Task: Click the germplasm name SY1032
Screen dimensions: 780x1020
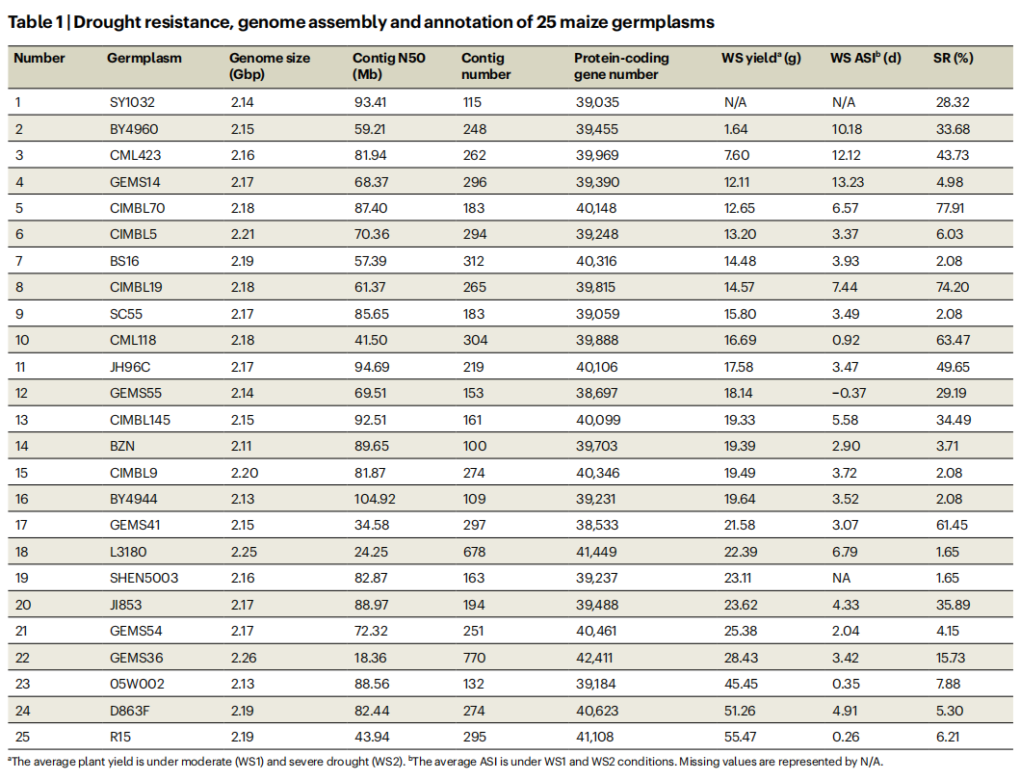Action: pos(132,101)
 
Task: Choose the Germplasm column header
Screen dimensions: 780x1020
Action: pos(144,58)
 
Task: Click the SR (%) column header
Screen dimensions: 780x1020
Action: pos(954,58)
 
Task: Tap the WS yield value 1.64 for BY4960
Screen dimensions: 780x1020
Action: pos(736,129)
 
